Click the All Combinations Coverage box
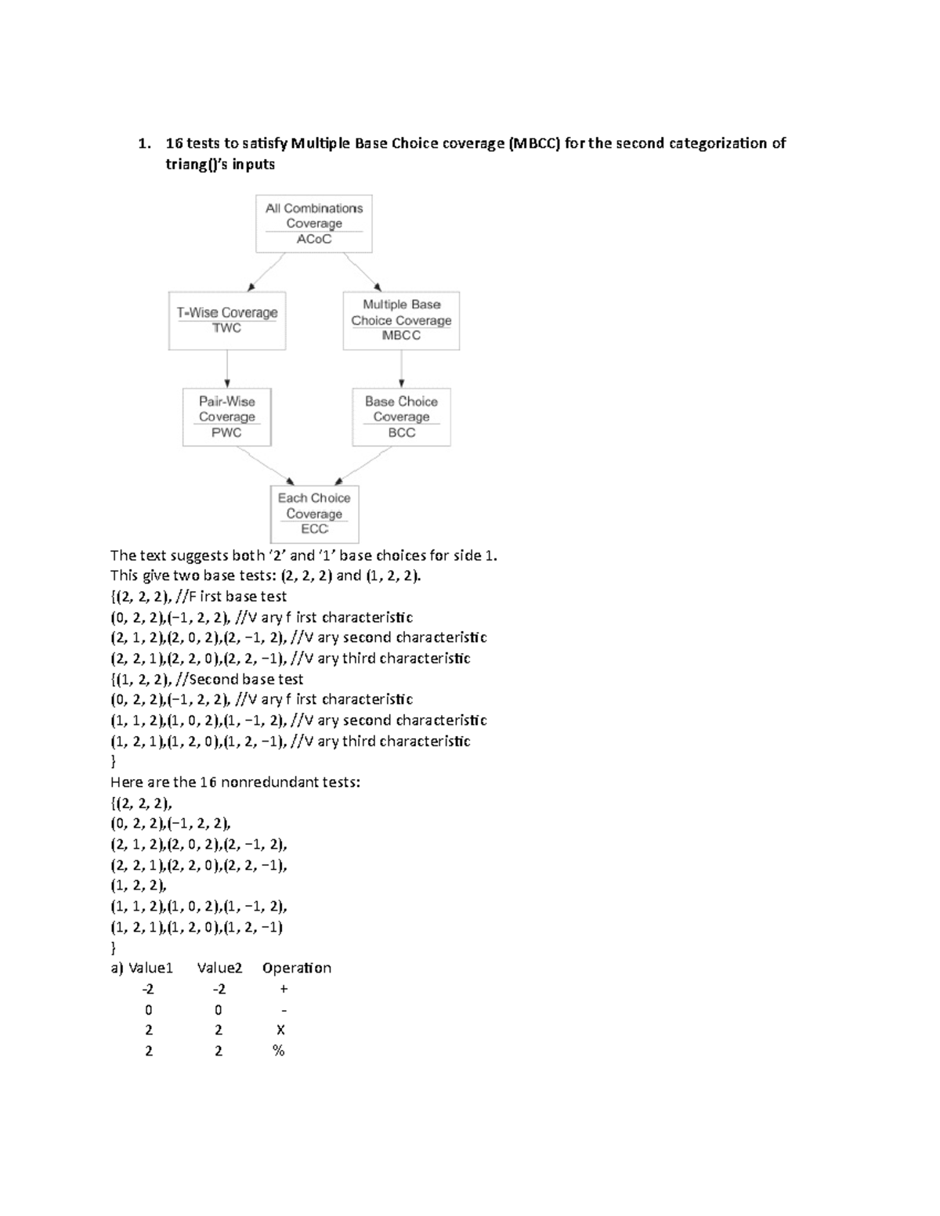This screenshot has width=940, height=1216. pyautogui.click(x=313, y=223)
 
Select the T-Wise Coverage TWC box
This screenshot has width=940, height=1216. pyautogui.click(x=227, y=320)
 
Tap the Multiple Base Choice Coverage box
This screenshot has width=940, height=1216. pyautogui.click(x=401, y=320)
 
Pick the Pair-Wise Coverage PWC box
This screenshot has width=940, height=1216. pyautogui.click(x=226, y=417)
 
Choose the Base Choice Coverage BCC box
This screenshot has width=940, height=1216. pyautogui.click(x=401, y=417)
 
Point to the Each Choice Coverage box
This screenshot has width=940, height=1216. pyautogui.click(x=314, y=514)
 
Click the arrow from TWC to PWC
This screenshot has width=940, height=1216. pyautogui.click(x=227, y=369)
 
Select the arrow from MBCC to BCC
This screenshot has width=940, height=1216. pyautogui.click(x=402, y=369)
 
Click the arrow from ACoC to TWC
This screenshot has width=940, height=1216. pyautogui.click(x=266, y=272)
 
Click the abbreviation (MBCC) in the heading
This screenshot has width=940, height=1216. pyautogui.click(x=534, y=143)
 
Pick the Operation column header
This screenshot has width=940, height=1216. pyautogui.click(x=296, y=969)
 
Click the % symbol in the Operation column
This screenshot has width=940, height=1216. pyautogui.click(x=278, y=1051)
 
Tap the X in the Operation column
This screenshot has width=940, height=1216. pyautogui.click(x=280, y=1030)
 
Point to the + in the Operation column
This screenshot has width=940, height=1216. pyautogui.click(x=284, y=989)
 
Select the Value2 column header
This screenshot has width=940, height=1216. pyautogui.click(x=219, y=969)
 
